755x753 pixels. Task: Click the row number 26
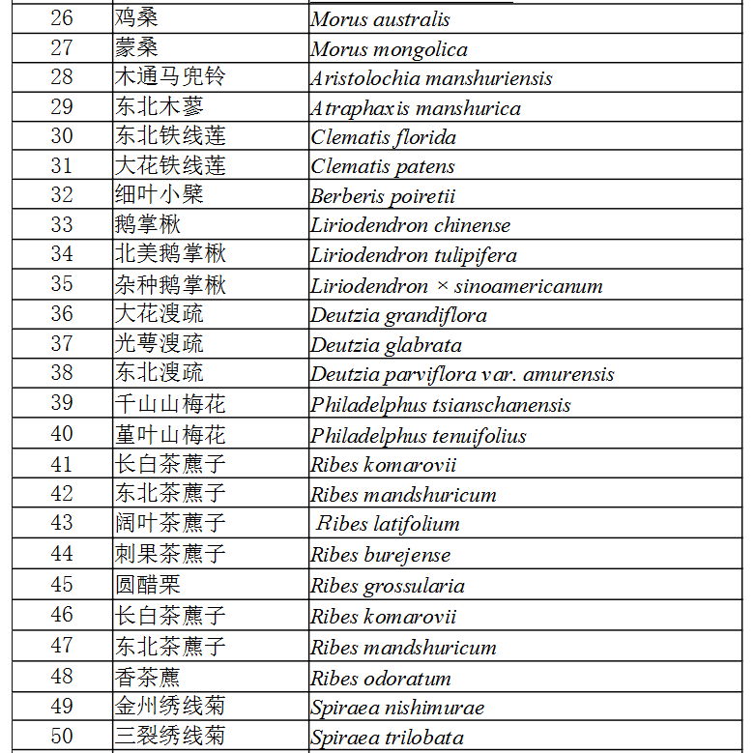62,18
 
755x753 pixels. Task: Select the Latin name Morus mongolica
389,49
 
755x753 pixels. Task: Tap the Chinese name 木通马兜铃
170,77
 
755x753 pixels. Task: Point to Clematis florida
383,137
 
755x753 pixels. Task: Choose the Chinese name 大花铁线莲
170,165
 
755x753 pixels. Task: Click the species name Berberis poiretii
383,196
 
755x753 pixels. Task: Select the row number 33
62,225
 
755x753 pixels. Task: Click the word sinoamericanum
529,286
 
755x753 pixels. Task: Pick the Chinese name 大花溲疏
159,314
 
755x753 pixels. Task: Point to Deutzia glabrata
386,345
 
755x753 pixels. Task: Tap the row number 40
62,435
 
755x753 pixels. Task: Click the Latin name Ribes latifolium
388,524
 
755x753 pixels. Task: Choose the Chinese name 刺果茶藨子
170,554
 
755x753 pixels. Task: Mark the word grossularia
415,586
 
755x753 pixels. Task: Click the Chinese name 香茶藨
147,678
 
